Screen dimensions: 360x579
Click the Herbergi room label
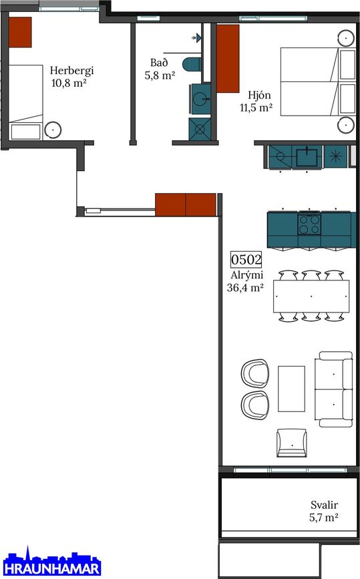pyautogui.click(x=71, y=71)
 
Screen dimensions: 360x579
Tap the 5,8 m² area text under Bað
pyautogui.click(x=160, y=75)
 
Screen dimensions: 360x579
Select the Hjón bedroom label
pyautogui.click(x=259, y=95)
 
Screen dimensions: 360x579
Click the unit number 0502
pyautogui.click(x=246, y=260)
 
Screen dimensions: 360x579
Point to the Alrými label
pyautogui.click(x=246, y=275)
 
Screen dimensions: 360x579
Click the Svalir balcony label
pyautogui.click(x=324, y=505)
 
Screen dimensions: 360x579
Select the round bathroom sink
pyautogui.click(x=201, y=99)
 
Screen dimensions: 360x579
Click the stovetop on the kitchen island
pyautogui.click(x=309, y=224)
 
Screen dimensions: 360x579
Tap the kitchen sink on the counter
pyautogui.click(x=307, y=156)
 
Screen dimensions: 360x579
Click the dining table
pyautogui.click(x=311, y=297)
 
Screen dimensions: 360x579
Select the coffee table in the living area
pyautogui.click(x=291, y=389)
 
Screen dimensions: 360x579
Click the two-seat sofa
pyautogui.click(x=333, y=389)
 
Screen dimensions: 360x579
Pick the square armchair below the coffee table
pyautogui.click(x=292, y=443)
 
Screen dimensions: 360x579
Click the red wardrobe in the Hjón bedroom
pyautogui.click(x=228, y=58)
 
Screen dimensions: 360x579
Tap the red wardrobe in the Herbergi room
pyautogui.click(x=20, y=32)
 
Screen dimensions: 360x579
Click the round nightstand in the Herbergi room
pyautogui.click(x=53, y=130)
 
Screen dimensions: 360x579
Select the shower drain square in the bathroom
pyautogui.click(x=200, y=130)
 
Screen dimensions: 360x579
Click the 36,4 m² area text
pyautogui.click(x=245, y=288)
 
